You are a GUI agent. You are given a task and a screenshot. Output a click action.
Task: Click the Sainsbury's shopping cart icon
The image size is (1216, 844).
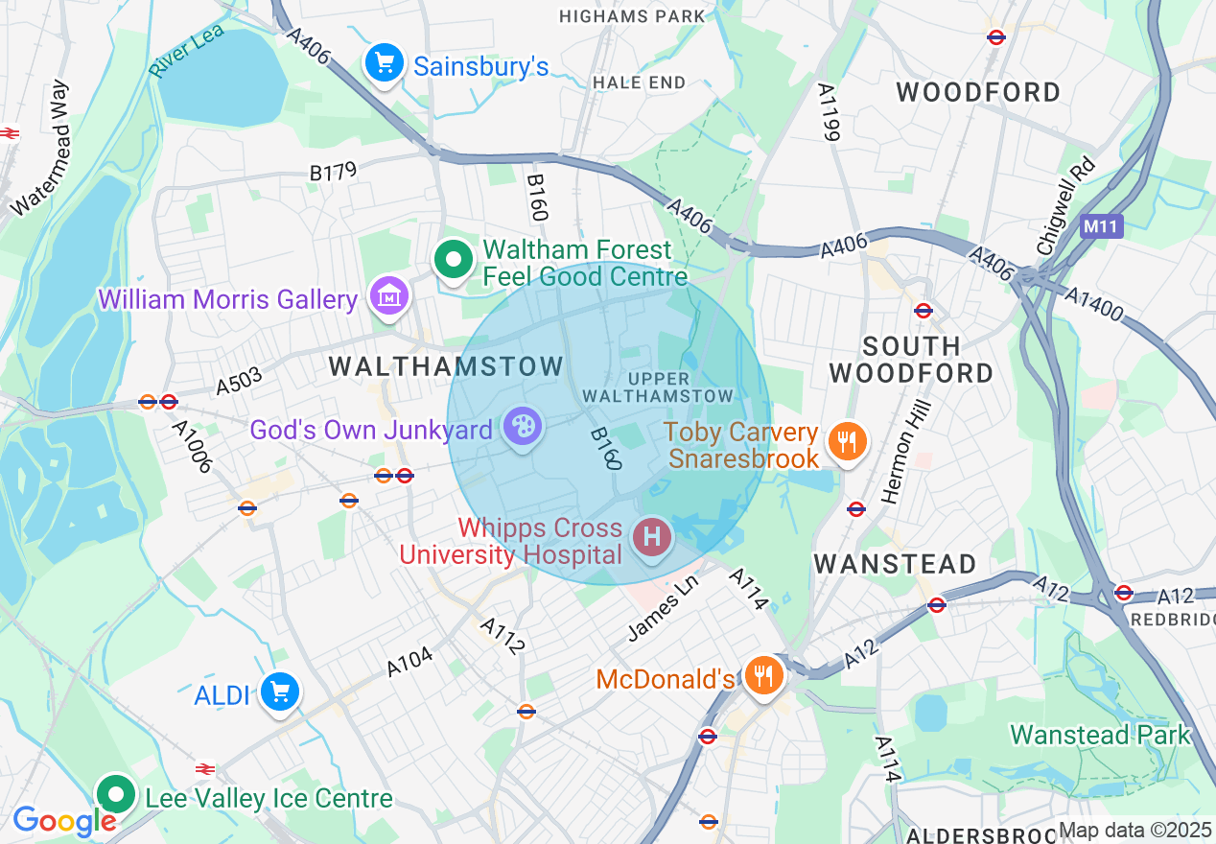pyautogui.click(x=385, y=64)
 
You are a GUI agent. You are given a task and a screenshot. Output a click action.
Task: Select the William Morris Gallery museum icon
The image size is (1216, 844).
pyautogui.click(x=389, y=298)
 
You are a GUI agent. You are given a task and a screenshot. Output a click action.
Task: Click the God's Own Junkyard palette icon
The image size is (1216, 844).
pyautogui.click(x=523, y=428)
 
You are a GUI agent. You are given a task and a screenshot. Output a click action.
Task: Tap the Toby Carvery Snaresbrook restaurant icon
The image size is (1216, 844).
pyautogui.click(x=846, y=442)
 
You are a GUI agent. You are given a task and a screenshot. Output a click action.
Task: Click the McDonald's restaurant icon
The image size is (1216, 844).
pyautogui.click(x=763, y=677)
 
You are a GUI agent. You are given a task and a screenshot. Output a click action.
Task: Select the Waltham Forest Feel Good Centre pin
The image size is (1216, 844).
pyautogui.click(x=453, y=260)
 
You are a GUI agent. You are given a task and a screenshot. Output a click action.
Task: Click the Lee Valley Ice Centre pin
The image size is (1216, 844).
pyautogui.click(x=117, y=794)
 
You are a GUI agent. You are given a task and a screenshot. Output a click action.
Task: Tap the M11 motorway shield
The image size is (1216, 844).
pyautogui.click(x=1100, y=227)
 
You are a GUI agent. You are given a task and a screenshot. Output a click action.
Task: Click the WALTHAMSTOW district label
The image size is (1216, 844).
pyautogui.click(x=446, y=366)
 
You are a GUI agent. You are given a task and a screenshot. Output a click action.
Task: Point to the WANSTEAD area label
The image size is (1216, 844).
pyautogui.click(x=896, y=564)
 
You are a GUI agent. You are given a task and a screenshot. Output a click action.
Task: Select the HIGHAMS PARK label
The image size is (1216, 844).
pyautogui.click(x=631, y=16)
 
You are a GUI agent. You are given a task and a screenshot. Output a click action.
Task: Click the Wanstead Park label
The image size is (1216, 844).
pyautogui.click(x=1100, y=736)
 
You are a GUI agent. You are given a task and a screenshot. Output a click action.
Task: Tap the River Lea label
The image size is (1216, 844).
pyautogui.click(x=186, y=51)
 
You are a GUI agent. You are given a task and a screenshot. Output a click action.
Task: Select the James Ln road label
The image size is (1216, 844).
pyautogui.click(x=662, y=614)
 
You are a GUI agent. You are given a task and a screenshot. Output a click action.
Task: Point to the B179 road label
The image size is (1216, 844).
pyautogui.click(x=333, y=172)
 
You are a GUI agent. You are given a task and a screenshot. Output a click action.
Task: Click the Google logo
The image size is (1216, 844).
pyautogui.click(x=64, y=821)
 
